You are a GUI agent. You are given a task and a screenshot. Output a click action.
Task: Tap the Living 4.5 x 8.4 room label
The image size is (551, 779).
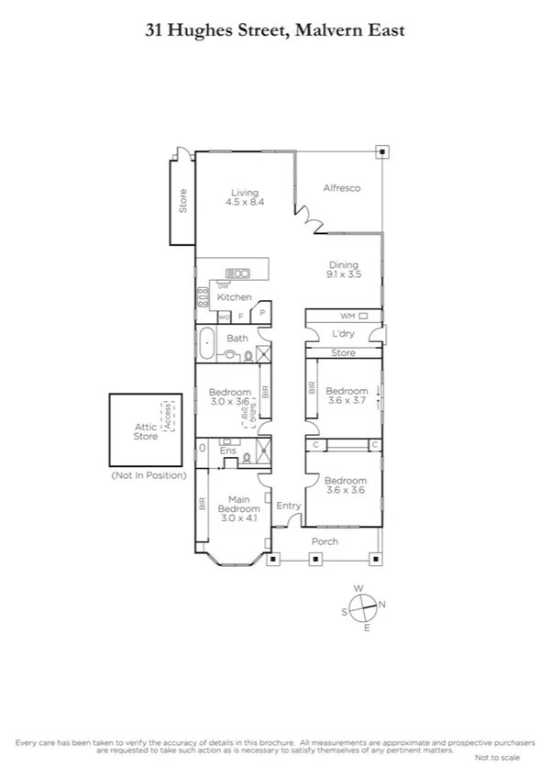click(245, 197)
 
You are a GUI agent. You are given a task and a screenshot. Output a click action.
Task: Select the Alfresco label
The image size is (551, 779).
click(341, 188)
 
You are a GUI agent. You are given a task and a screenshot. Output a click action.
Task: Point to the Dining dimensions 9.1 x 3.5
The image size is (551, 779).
click(344, 273)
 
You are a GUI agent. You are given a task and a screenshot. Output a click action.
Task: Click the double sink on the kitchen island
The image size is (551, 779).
click(239, 273)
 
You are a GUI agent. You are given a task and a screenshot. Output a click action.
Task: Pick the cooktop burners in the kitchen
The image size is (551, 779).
click(202, 297)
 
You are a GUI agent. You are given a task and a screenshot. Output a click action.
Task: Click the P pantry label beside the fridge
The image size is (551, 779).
click(262, 313)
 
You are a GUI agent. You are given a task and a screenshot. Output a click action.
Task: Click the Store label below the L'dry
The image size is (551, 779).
click(343, 353)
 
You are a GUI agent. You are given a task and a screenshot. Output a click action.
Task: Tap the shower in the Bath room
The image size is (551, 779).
click(264, 354)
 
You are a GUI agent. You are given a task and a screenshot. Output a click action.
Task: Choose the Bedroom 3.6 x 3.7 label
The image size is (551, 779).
click(347, 395)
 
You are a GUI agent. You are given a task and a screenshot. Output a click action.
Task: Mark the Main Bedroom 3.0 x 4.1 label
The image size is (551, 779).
click(238, 508)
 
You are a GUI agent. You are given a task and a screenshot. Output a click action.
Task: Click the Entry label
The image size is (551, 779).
click(289, 506)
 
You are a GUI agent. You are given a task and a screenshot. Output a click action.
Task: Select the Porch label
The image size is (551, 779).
click(325, 541)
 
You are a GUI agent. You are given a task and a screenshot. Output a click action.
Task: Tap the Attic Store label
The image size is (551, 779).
click(146, 431)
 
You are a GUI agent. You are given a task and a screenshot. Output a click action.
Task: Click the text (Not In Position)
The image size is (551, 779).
click(149, 475)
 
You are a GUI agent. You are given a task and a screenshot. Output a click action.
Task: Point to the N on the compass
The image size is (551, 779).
click(382, 604)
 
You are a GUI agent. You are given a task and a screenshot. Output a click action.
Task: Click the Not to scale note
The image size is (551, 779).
click(496, 757)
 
